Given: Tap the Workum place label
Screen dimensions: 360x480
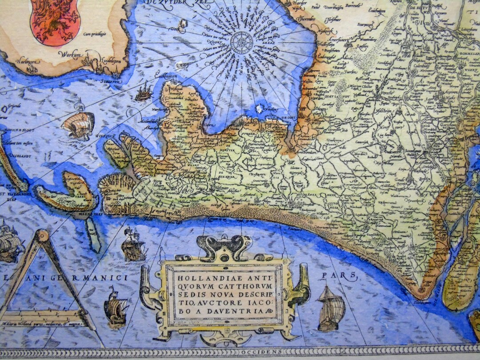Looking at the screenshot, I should pos(70,55).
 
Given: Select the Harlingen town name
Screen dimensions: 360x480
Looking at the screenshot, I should pos(26,61).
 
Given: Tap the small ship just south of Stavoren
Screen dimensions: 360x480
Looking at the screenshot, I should pos(143,92).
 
